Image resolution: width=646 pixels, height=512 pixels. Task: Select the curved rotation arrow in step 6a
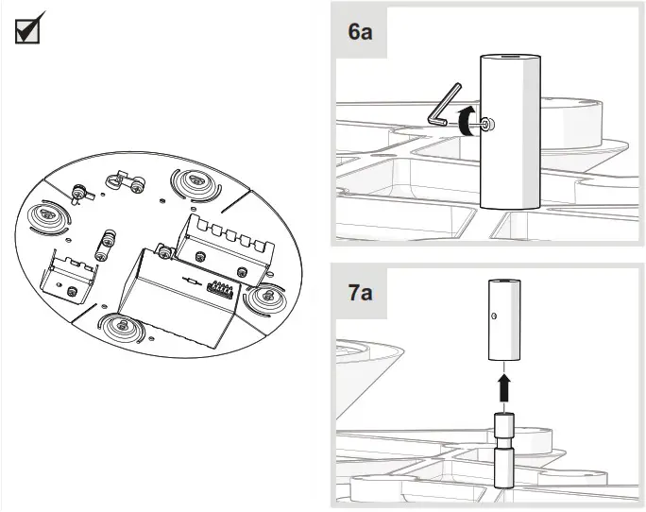coord(464,120)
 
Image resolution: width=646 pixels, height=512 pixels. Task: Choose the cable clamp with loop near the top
coord(125,179)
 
